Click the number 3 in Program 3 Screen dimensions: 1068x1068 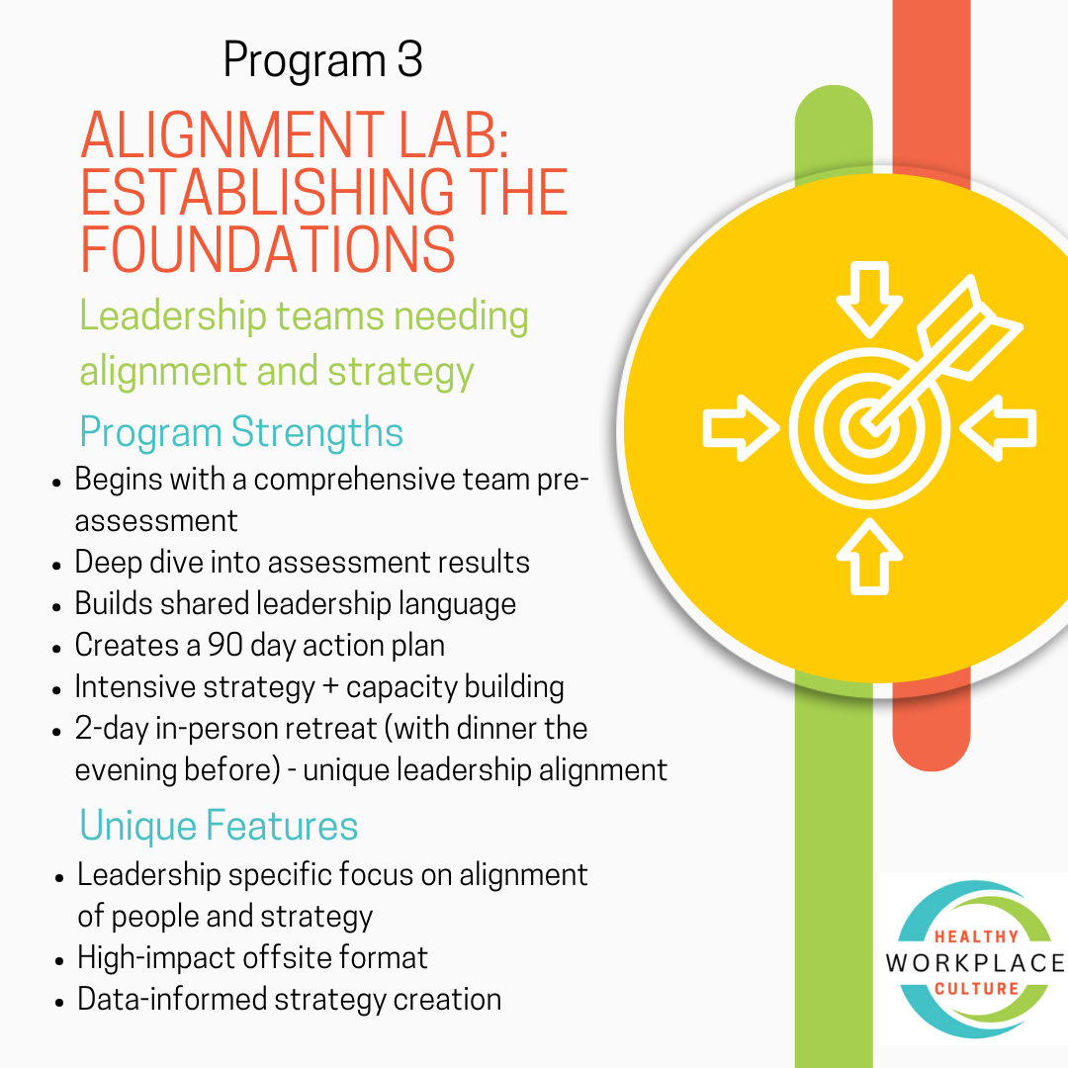coord(408,61)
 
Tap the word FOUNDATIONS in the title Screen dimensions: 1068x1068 coord(268,248)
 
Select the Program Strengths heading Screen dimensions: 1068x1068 coord(241,433)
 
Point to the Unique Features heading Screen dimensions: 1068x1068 coord(219,826)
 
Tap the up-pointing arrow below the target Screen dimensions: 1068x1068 coord(869,556)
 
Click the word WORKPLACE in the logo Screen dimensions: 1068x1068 coord(975,963)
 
